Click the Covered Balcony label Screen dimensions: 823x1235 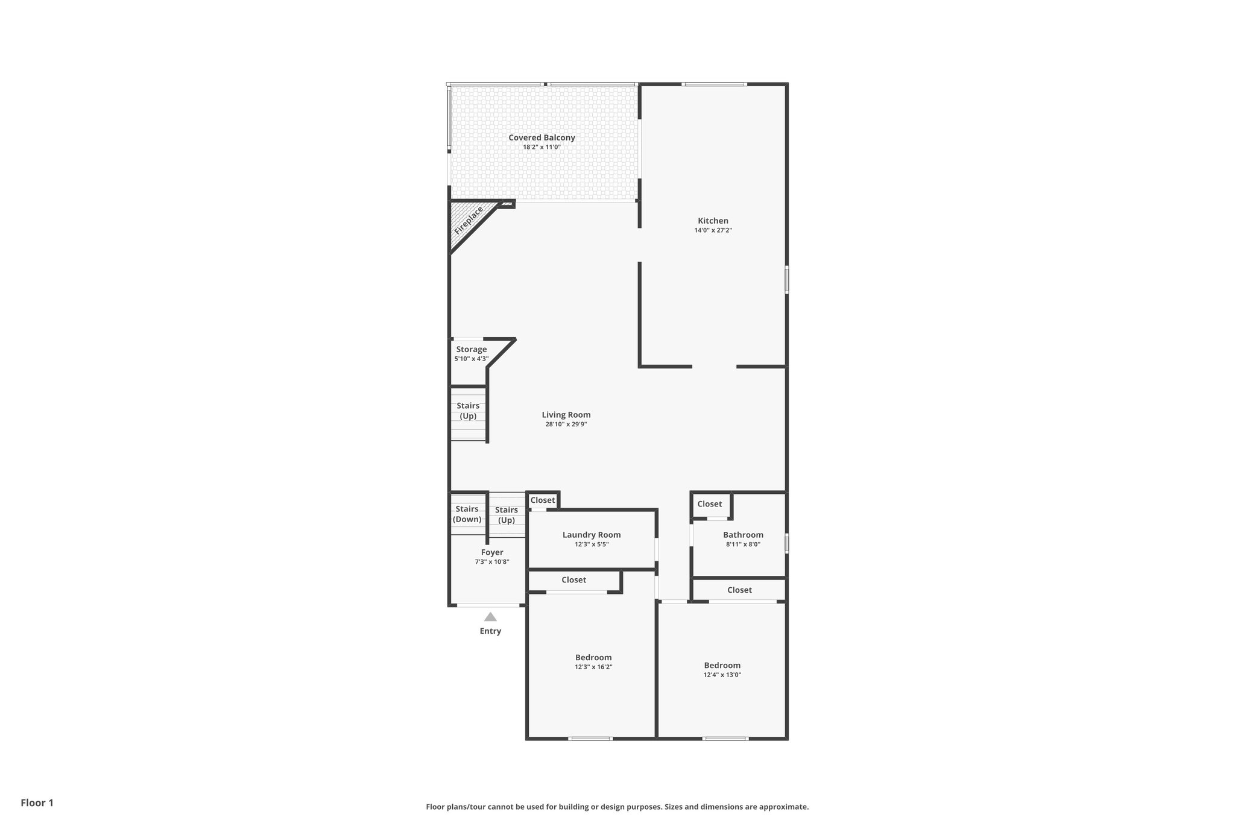tap(542, 137)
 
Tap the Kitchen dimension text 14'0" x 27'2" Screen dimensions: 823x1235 tap(713, 230)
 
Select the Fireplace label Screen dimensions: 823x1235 tap(469, 221)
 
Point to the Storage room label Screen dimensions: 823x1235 tap(471, 349)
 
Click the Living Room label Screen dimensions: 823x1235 tap(566, 415)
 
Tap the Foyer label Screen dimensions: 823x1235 tap(492, 552)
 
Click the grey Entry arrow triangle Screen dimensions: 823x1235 tap(490, 617)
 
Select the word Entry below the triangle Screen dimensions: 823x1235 tap(490, 631)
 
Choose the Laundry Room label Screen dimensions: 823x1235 tap(591, 535)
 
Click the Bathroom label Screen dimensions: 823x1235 tap(743, 535)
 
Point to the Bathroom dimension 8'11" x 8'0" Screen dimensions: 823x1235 tap(743, 544)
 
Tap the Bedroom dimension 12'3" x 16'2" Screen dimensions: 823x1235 tap(593, 667)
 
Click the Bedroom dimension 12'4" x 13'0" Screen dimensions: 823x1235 tap(722, 675)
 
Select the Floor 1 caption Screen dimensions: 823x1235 tap(37, 803)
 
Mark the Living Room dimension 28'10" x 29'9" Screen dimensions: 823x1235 tap(566, 424)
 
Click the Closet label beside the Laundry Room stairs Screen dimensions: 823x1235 tap(542, 500)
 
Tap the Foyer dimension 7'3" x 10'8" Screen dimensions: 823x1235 tap(492, 562)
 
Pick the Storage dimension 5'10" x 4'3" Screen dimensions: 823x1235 tap(471, 359)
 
